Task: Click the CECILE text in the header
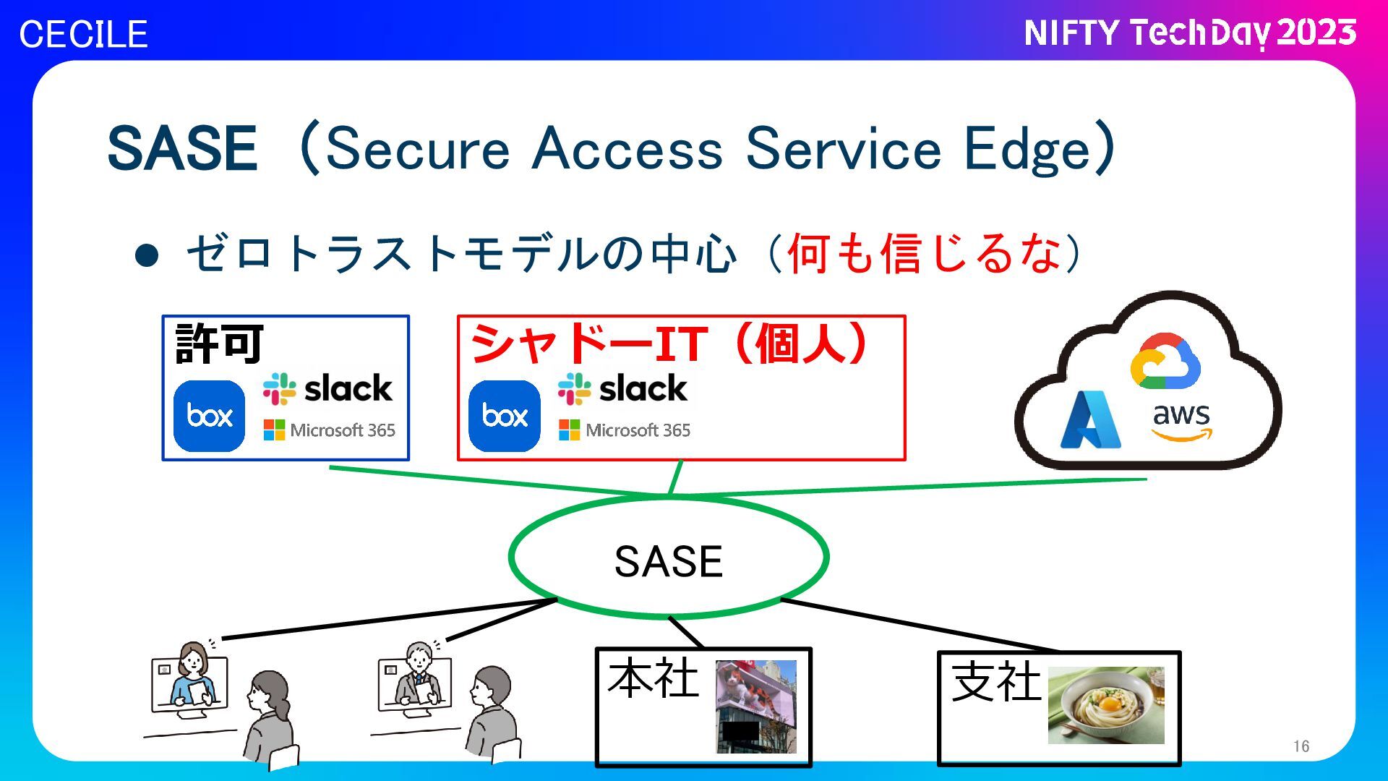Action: coord(83,34)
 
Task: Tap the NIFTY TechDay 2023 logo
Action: coord(1189,33)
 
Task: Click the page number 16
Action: coord(1301,746)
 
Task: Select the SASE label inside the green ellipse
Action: coord(668,561)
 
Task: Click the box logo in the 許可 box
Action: coord(210,416)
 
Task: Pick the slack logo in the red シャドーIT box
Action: coord(622,388)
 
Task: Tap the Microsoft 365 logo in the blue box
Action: coord(330,430)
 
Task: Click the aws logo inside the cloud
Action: coord(1181,421)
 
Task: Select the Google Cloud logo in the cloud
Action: coord(1165,361)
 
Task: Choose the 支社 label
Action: coord(996,682)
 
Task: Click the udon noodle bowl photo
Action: coord(1106,705)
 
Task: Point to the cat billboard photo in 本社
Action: coord(756,706)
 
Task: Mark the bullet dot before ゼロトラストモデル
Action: coord(147,255)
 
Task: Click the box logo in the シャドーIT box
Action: coord(505,416)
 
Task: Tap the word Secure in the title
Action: coord(418,149)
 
